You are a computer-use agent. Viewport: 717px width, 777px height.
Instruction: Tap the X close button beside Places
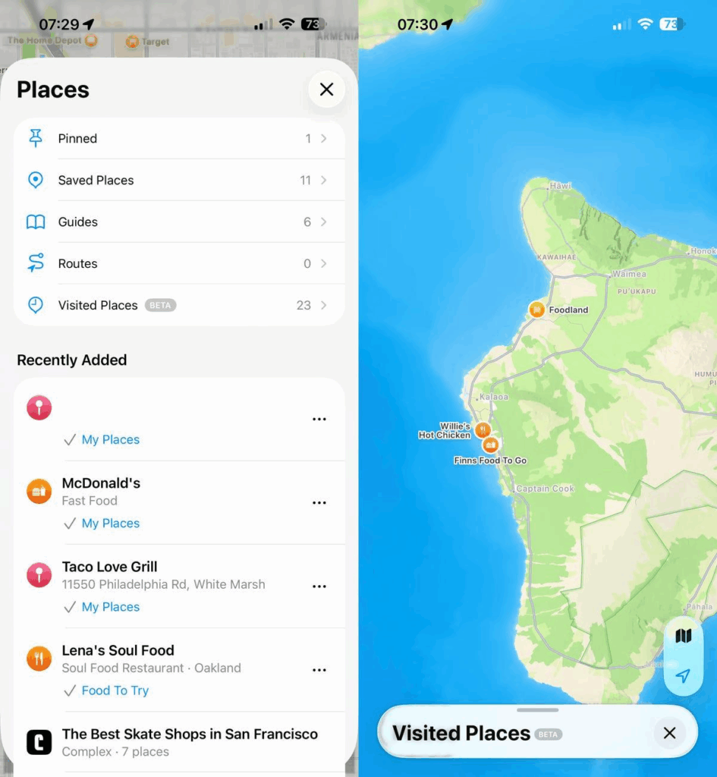point(326,90)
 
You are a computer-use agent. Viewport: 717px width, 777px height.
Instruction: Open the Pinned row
point(179,138)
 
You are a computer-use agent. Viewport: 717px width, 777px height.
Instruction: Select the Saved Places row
point(179,180)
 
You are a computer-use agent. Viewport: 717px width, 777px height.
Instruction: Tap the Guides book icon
point(36,222)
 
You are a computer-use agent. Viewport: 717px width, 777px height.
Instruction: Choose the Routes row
point(179,263)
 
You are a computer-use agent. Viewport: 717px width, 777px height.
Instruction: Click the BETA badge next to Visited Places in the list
point(160,305)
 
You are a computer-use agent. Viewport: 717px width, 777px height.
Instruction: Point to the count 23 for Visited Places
point(303,305)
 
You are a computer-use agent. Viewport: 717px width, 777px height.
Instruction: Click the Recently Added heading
point(72,360)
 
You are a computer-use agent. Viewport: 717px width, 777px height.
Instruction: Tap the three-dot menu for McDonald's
point(319,502)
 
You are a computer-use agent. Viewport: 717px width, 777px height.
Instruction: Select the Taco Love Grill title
point(110,567)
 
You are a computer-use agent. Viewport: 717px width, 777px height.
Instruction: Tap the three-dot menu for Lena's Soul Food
point(319,670)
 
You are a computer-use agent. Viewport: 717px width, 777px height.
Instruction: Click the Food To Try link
point(115,690)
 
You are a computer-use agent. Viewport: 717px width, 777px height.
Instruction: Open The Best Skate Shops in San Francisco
point(190,734)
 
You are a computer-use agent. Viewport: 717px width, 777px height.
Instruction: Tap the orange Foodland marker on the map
point(537,309)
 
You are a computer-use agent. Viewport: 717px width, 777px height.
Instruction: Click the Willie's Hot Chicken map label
point(445,431)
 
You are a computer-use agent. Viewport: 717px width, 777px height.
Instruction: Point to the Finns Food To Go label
point(490,461)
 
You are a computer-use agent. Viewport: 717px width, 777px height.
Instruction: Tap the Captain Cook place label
point(546,489)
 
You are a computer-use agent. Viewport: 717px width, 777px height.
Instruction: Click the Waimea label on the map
point(629,274)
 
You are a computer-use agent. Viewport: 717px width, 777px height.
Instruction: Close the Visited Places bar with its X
point(669,733)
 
